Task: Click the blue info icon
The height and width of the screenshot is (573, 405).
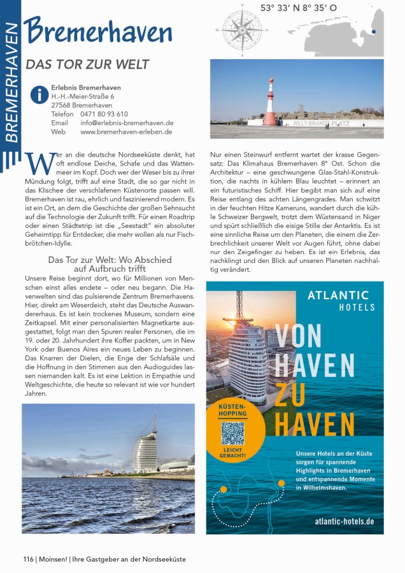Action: (39, 95)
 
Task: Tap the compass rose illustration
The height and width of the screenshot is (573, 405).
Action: (241, 30)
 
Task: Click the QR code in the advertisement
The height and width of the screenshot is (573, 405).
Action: (233, 433)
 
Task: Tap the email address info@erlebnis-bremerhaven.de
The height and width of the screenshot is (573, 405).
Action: (127, 123)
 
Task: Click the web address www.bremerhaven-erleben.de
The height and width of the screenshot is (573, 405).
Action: (126, 132)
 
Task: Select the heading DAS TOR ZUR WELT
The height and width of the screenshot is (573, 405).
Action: (87, 64)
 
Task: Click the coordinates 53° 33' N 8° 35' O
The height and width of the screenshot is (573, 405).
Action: (299, 8)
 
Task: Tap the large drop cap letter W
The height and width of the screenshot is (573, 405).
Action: (39, 163)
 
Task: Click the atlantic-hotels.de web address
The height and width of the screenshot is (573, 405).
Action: (344, 521)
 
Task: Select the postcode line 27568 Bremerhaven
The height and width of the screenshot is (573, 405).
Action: (82, 105)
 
